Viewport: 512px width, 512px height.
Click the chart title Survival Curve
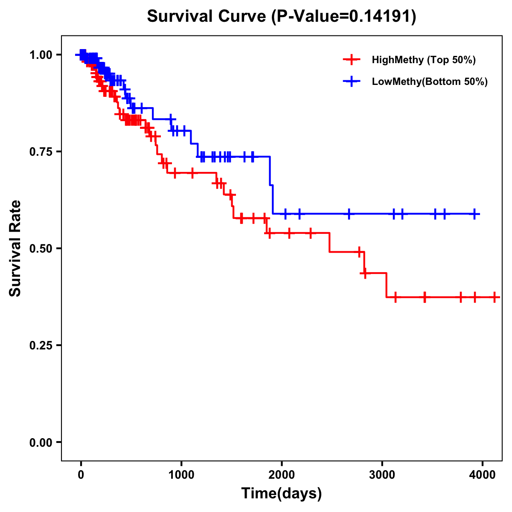[208, 17]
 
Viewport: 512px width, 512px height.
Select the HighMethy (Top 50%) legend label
[424, 60]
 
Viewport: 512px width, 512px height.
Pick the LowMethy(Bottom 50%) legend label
[430, 81]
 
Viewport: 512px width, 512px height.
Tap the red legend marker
[351, 60]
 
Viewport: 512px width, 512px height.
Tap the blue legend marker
[351, 81]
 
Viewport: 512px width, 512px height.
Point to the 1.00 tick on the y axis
[41, 55]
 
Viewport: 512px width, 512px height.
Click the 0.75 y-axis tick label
[41, 151]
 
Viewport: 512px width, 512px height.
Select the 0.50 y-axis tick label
[41, 248]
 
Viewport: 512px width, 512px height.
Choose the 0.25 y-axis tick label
[41, 345]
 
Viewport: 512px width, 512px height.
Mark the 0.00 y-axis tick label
[41, 442]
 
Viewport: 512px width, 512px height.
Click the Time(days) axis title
[282, 494]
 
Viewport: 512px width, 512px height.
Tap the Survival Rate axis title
[15, 248]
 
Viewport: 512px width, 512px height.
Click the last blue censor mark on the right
[474, 214]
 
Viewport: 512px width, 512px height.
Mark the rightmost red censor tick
[494, 297]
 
